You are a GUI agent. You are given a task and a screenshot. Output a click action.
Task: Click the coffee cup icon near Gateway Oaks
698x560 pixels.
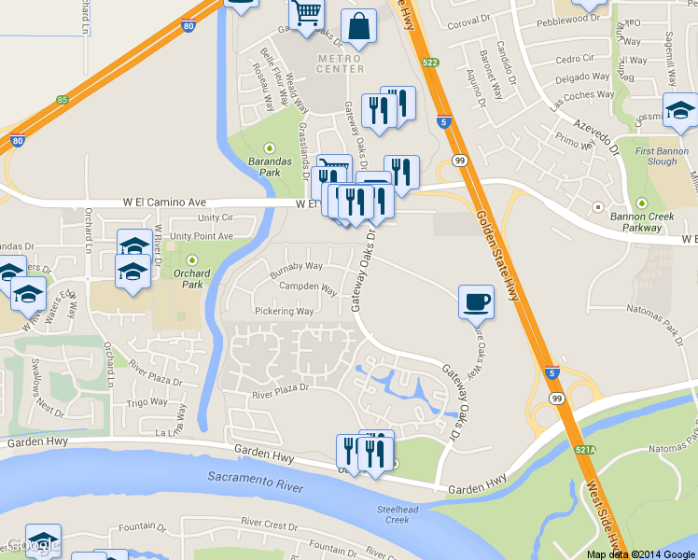(476, 301)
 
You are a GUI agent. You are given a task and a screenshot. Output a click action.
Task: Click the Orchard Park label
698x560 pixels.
(192, 278)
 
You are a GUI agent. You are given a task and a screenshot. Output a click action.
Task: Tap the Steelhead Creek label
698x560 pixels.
(393, 514)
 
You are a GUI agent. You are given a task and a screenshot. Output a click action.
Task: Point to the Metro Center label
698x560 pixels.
(341, 63)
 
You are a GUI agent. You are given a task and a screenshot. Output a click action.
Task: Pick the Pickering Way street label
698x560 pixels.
(285, 311)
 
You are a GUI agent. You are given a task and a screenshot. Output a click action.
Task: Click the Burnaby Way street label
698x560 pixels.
(296, 266)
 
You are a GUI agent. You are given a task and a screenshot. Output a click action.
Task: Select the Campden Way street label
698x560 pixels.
(309, 288)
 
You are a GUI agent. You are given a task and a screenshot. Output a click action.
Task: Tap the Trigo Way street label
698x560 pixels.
(147, 402)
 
